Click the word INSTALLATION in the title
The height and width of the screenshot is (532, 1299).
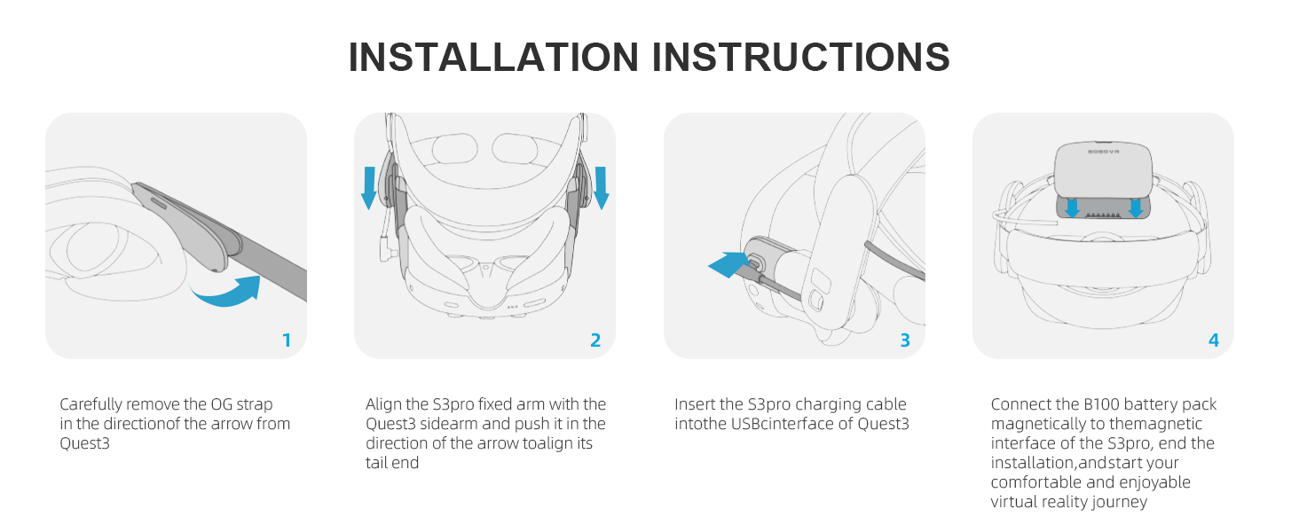(x=493, y=57)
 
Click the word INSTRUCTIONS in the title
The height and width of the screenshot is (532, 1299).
(x=800, y=57)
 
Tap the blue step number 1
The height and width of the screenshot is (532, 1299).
(x=287, y=340)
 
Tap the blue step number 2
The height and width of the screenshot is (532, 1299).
(x=595, y=340)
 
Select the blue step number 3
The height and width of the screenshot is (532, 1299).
(x=905, y=340)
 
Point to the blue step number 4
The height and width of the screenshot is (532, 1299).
(x=1214, y=340)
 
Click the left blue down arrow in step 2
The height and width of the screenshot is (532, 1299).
(x=369, y=188)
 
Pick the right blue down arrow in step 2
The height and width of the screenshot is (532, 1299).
(x=602, y=188)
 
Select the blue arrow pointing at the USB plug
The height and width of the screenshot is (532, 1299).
(x=729, y=264)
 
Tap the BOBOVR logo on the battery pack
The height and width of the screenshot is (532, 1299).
(x=1103, y=152)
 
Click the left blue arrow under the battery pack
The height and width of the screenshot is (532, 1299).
(x=1072, y=208)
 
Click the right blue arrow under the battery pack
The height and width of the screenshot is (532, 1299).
(x=1136, y=208)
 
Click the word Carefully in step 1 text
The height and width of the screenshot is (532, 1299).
(x=91, y=404)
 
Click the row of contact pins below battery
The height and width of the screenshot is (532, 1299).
(x=1103, y=215)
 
